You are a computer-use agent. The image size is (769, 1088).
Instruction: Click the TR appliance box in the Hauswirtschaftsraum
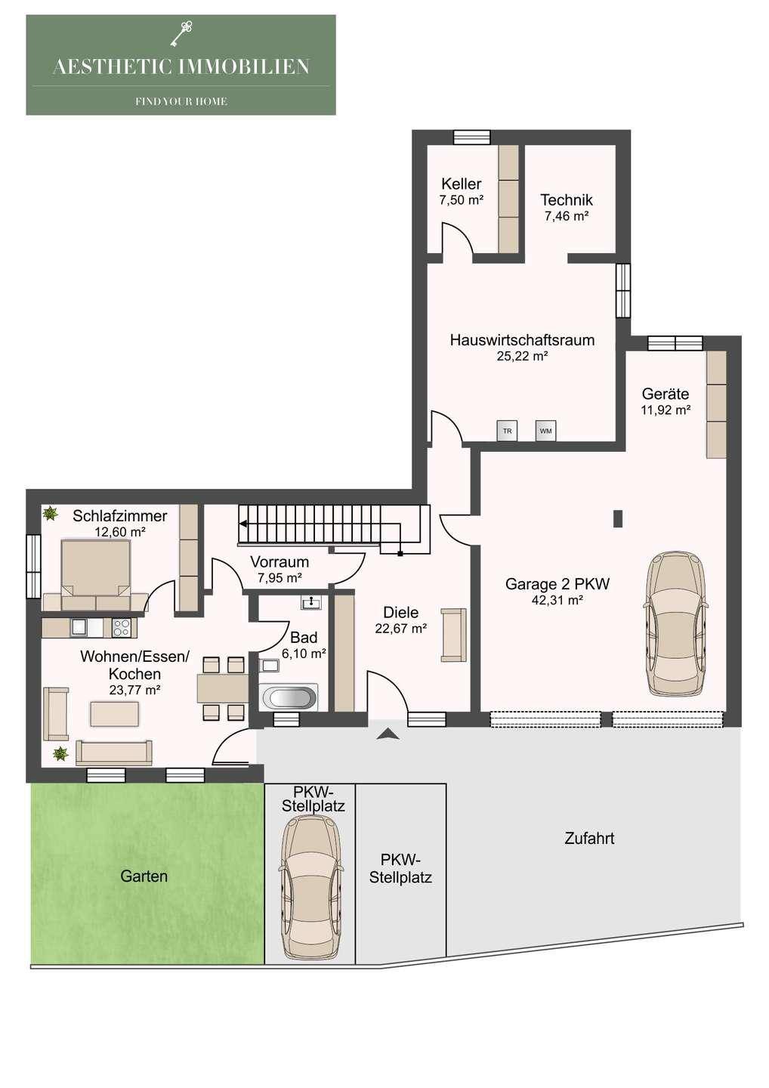coord(507,431)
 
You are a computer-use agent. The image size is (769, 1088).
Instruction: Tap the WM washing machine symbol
coord(545,431)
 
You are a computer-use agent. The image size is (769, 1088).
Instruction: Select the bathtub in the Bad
coord(289,698)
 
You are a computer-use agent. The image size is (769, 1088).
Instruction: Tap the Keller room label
coord(462,184)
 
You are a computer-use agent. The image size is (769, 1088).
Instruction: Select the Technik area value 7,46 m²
coord(567,216)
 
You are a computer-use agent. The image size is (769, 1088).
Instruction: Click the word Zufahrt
coord(589,839)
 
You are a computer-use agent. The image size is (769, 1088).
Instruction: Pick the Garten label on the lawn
coord(144,876)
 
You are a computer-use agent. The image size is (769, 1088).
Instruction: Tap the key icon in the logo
coord(181,34)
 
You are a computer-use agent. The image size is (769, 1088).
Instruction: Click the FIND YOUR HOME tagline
coord(181,101)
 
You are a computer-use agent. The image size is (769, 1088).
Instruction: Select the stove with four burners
coord(122,628)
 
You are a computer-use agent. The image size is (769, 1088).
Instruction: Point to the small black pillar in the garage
coord(618,518)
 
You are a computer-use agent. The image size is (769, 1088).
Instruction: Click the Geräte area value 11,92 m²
coord(666,410)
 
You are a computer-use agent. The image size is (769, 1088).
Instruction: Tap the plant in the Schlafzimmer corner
coord(50,512)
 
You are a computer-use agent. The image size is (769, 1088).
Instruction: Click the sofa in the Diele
coord(453,635)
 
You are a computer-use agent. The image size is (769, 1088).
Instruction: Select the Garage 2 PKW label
coord(557,583)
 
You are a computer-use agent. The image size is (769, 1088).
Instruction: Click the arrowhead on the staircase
coord(242,524)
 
